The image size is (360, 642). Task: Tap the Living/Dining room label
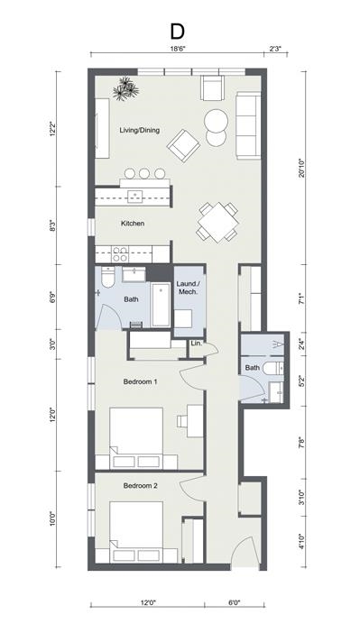(140, 131)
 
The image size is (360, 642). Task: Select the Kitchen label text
(134, 223)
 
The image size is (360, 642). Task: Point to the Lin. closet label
(196, 344)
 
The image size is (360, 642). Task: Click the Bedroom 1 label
(140, 381)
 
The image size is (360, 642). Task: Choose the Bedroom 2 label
(140, 486)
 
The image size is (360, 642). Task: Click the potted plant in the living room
(125, 87)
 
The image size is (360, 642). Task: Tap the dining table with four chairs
(218, 222)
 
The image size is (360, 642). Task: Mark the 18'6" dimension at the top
(177, 50)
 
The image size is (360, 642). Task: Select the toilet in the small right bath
(277, 390)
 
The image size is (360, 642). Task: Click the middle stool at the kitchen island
(143, 173)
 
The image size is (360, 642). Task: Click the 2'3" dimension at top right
(276, 50)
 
